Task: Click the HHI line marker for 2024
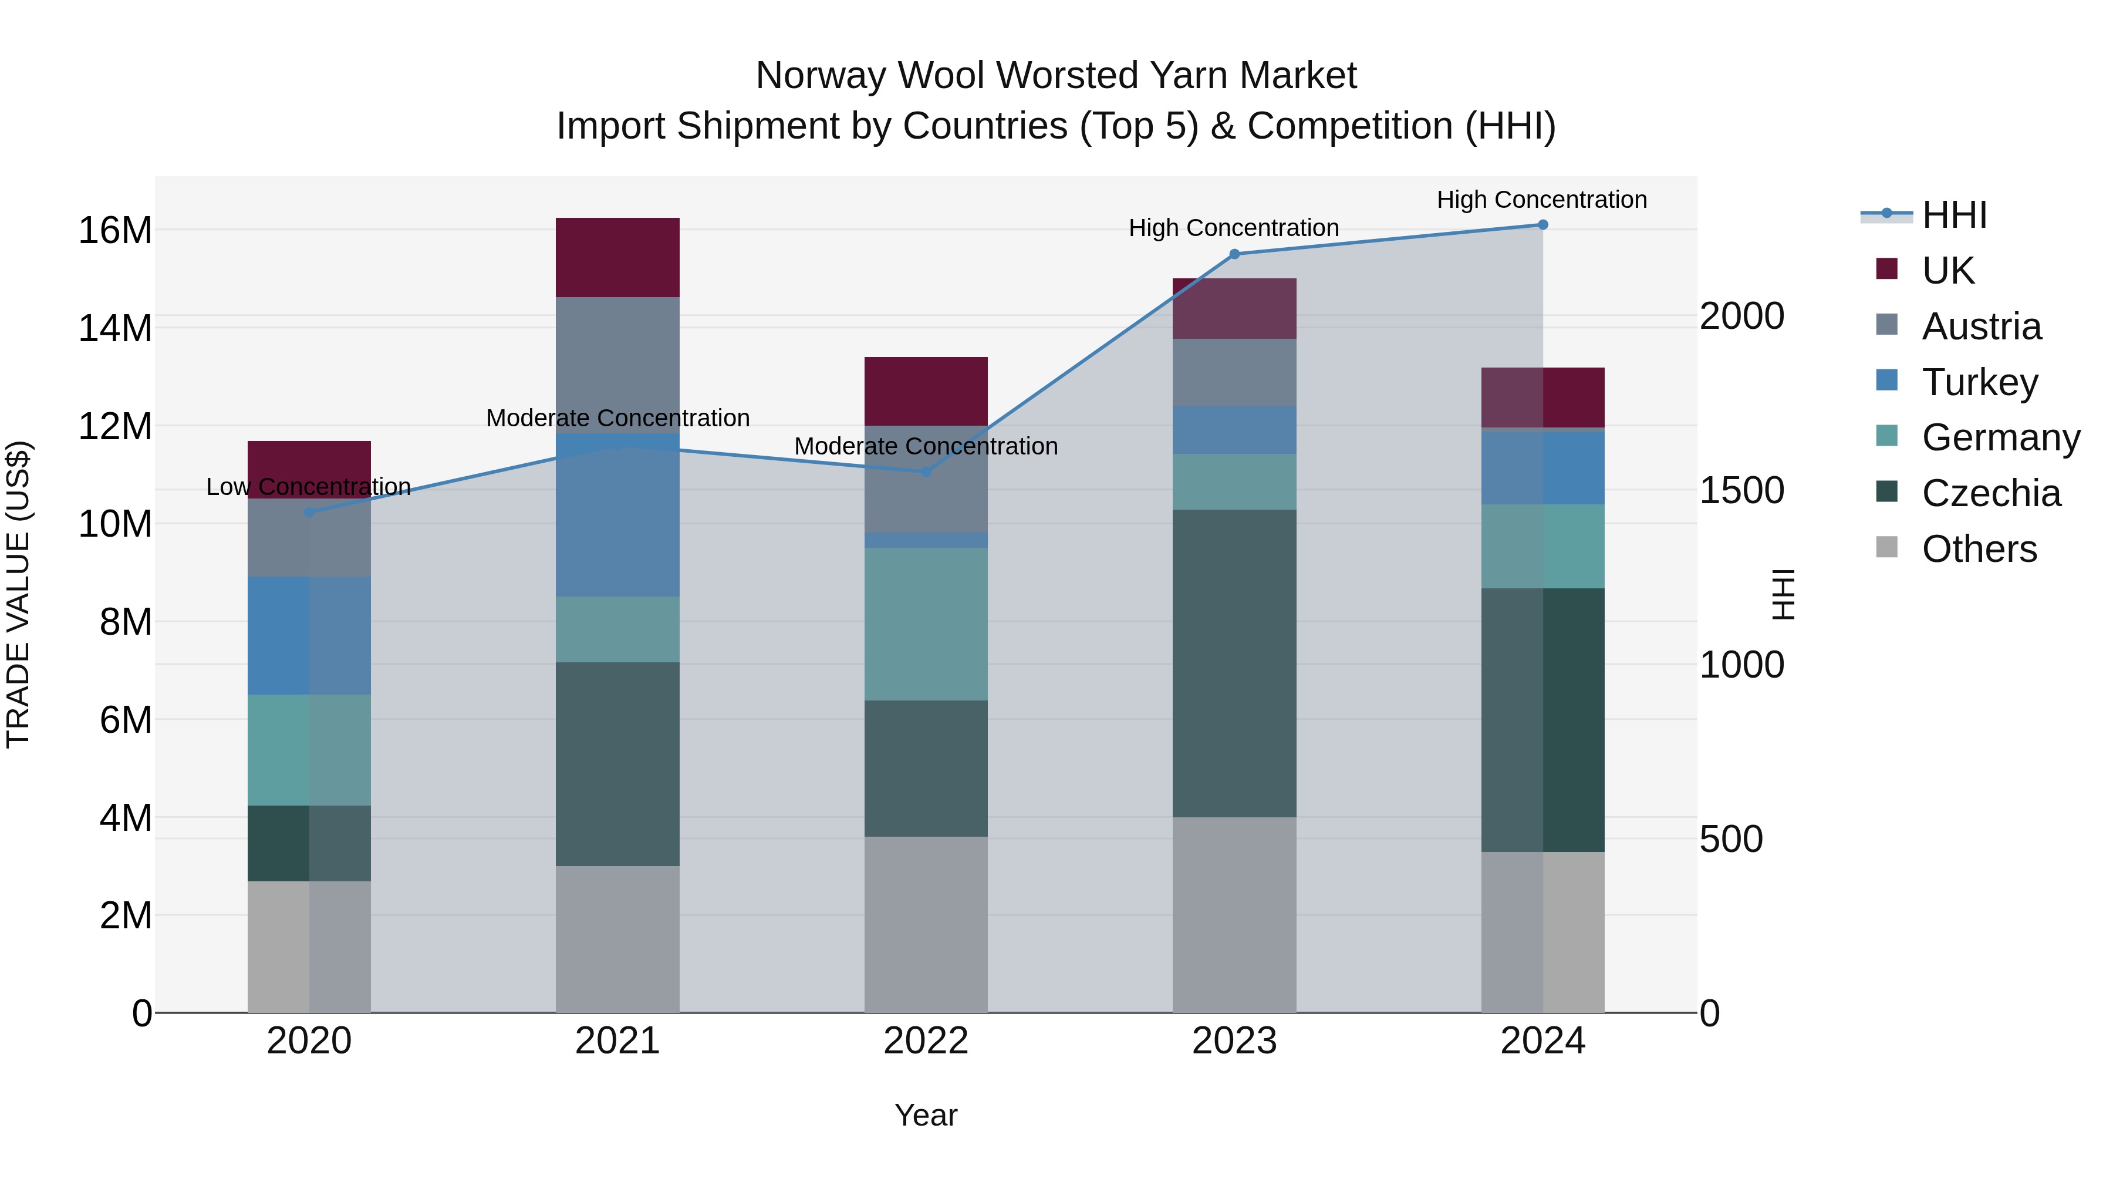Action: pyautogui.click(x=1542, y=225)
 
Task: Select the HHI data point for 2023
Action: pyautogui.click(x=1234, y=254)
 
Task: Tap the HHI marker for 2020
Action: pyautogui.click(x=309, y=512)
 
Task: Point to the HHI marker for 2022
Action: pyautogui.click(x=926, y=472)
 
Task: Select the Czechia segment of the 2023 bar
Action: pyautogui.click(x=1234, y=663)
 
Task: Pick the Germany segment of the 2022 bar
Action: pyautogui.click(x=926, y=624)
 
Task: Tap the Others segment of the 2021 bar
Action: pyautogui.click(x=617, y=939)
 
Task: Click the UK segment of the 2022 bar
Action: pyautogui.click(x=926, y=392)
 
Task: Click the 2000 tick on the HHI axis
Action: pyautogui.click(x=1741, y=316)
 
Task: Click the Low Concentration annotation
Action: pyautogui.click(x=308, y=487)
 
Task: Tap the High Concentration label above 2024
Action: pyautogui.click(x=1541, y=200)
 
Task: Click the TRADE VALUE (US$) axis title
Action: pyautogui.click(x=19, y=594)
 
